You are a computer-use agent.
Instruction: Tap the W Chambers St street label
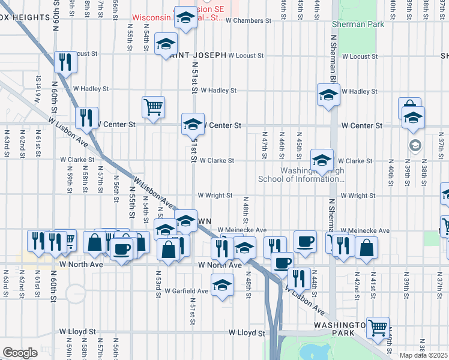coord(249,20)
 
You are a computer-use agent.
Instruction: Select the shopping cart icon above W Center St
coord(153,107)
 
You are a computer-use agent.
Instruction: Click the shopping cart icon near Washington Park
coord(378,327)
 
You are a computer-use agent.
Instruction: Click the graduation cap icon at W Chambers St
coord(185,18)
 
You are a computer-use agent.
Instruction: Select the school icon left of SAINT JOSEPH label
coord(166,44)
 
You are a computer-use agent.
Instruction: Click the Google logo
coord(19,353)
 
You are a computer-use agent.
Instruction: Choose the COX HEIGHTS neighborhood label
coord(24,18)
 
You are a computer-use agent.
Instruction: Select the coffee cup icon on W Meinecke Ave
coord(305,241)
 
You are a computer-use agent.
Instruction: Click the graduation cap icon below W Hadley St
coord(328,95)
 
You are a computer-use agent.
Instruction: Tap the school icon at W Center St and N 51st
coord(193,124)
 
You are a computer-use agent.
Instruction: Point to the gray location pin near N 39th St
coord(415,145)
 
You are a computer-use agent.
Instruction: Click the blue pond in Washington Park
coord(312,352)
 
